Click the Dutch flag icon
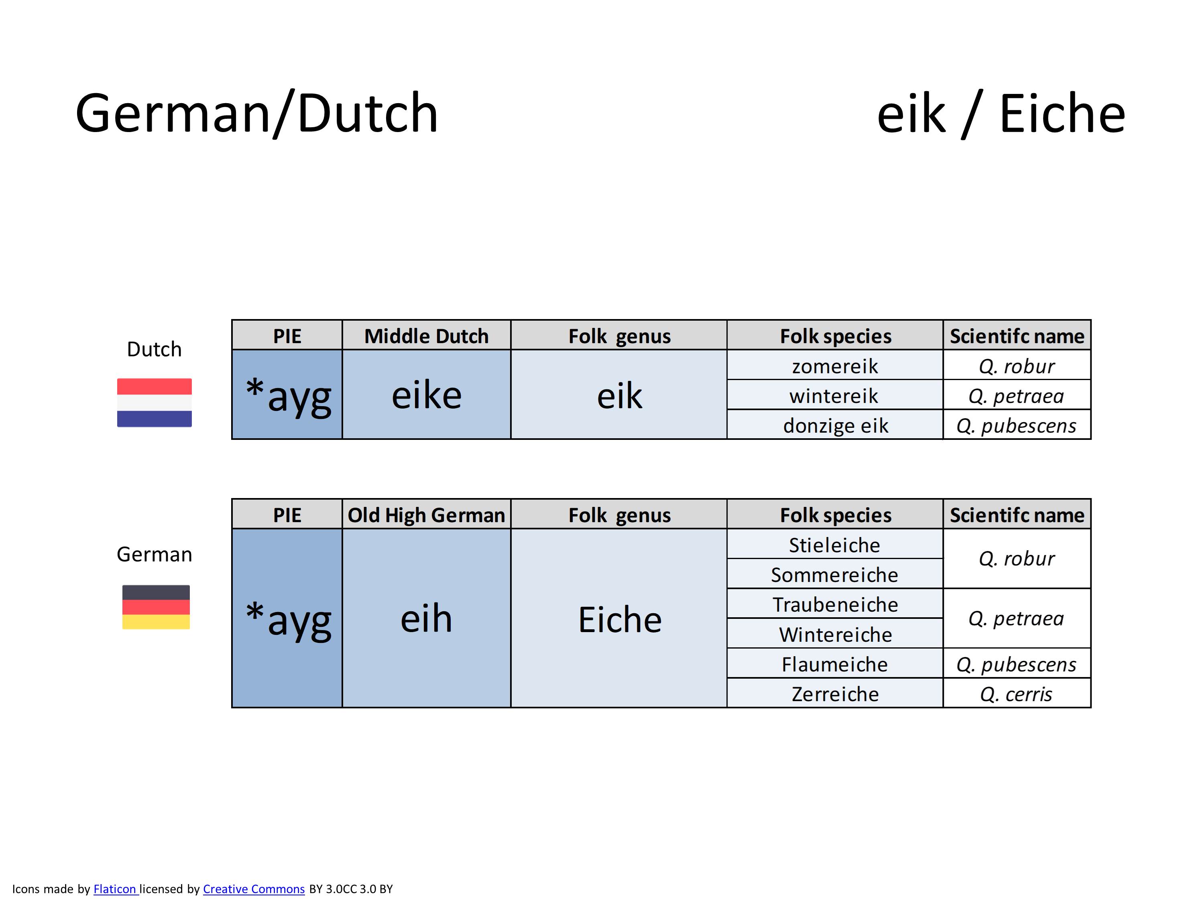pyautogui.click(x=154, y=403)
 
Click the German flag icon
pyautogui.click(x=156, y=607)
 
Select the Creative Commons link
pyautogui.click(x=254, y=889)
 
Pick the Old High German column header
pyautogui.click(x=426, y=515)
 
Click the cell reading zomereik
pyautogui.click(x=835, y=366)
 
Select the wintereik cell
pyautogui.click(x=835, y=396)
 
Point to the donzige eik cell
pyautogui.click(x=835, y=425)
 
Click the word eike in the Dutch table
pyautogui.click(x=427, y=395)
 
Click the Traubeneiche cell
pyautogui.click(x=835, y=604)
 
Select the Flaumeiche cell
pyautogui.click(x=835, y=664)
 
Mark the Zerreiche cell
pyautogui.click(x=835, y=694)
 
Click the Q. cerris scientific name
pyautogui.click(x=1016, y=694)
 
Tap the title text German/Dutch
pyautogui.click(x=257, y=113)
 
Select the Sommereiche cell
pyautogui.click(x=835, y=574)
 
